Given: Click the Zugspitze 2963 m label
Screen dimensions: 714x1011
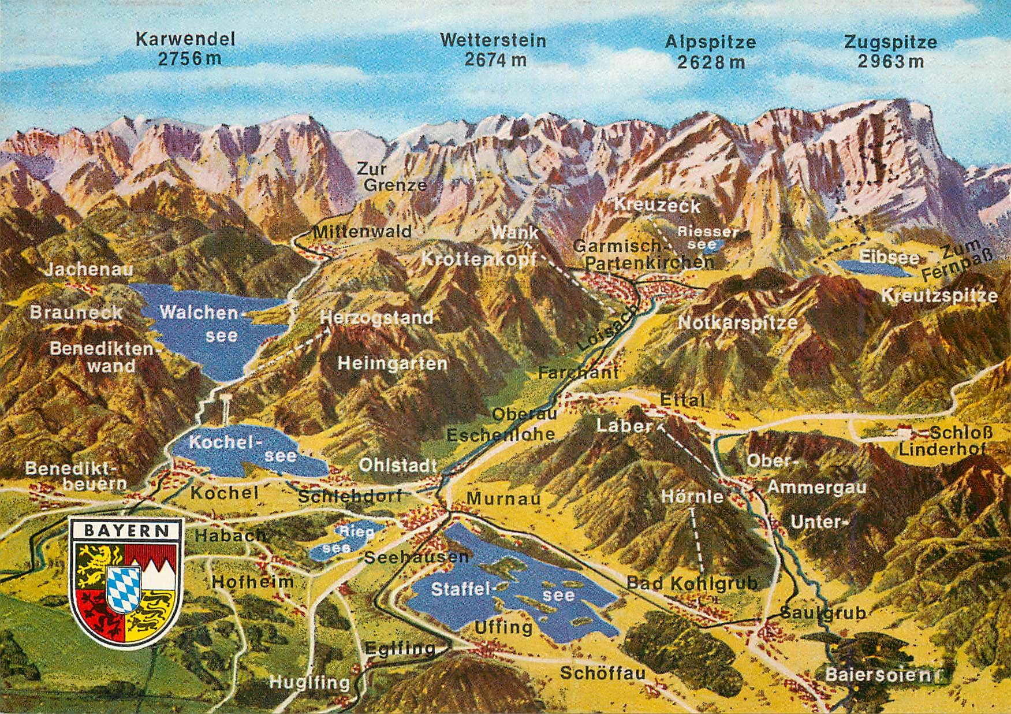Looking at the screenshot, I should [x=890, y=51].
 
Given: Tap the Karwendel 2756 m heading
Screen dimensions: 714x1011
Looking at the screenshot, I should [x=186, y=49].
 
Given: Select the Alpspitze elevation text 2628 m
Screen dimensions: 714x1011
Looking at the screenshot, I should [x=711, y=62].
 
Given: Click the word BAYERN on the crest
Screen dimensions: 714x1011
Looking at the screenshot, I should [x=126, y=531].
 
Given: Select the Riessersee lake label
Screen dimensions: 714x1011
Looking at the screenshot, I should [x=707, y=237].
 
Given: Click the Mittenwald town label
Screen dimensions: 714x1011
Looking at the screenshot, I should [x=362, y=232].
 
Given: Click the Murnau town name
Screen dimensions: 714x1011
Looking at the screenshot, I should [x=503, y=498].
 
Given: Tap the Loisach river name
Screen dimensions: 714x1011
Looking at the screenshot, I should [x=607, y=328].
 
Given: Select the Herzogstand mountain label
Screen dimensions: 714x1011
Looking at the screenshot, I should [x=376, y=318].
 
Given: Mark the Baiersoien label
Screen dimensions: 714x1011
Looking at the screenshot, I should [x=882, y=674].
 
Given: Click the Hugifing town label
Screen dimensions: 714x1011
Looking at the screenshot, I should [x=310, y=683].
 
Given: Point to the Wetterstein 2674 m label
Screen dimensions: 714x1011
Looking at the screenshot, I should [x=493, y=49].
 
